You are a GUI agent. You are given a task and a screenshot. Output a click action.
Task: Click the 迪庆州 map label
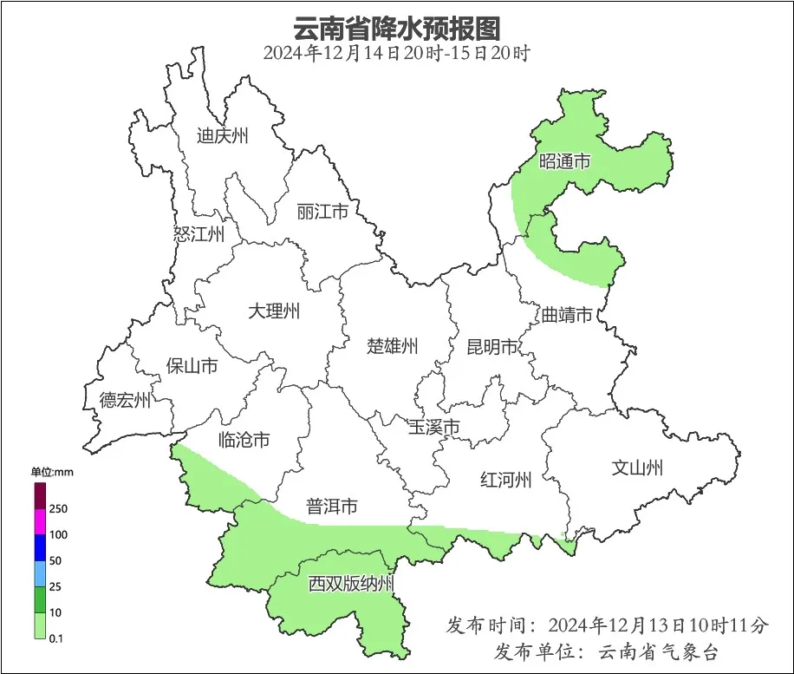[223, 135]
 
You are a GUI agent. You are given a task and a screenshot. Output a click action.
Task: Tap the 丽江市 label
[322, 212]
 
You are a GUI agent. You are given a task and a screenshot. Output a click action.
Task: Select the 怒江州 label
[198, 234]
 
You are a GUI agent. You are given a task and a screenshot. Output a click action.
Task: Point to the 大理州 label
[273, 311]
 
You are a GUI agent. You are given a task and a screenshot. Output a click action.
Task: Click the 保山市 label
[192, 366]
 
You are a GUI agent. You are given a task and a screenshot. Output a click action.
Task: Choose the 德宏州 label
[125, 400]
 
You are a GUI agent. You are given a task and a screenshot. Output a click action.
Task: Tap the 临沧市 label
[244, 440]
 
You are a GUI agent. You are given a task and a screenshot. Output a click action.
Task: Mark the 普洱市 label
[332, 506]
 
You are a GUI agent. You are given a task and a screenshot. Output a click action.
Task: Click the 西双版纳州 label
[351, 584]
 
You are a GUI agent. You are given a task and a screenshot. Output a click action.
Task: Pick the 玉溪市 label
[433, 427]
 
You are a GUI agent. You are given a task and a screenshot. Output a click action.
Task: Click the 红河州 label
[505, 480]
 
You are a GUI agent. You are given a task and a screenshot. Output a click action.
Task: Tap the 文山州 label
[637, 468]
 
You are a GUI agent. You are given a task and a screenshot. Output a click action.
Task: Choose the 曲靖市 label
[567, 314]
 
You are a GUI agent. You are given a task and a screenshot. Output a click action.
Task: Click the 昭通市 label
[564, 161]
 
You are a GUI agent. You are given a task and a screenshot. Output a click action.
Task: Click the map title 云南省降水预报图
[397, 28]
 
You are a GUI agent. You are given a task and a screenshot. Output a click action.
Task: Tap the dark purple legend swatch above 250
[40, 495]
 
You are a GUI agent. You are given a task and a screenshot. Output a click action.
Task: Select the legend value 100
[59, 534]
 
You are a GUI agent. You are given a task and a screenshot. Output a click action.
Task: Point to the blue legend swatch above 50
[40, 547]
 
